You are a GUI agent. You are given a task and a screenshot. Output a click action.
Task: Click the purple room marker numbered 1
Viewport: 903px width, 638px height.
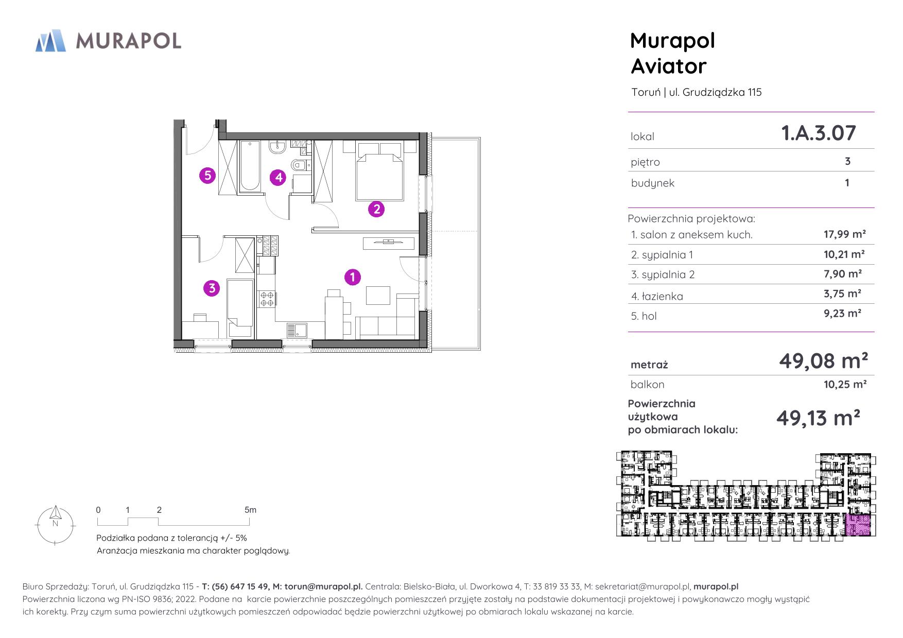(x=352, y=277)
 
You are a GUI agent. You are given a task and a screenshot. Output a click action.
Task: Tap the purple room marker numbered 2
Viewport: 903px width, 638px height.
(x=376, y=209)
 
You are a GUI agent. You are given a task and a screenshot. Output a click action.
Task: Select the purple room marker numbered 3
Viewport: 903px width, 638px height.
(x=212, y=288)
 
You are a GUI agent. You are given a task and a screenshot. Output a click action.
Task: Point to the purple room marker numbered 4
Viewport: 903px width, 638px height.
(x=278, y=178)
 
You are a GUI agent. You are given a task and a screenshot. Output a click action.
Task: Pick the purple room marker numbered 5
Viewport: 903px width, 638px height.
(x=207, y=176)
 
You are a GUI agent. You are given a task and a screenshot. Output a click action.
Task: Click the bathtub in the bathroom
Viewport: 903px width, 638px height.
(x=250, y=166)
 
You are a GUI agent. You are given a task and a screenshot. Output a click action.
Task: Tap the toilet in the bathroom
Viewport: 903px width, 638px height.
(x=300, y=165)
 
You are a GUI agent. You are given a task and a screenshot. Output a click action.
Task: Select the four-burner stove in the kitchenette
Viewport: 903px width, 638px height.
(x=267, y=299)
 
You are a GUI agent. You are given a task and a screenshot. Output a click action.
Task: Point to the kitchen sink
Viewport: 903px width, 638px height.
(x=298, y=330)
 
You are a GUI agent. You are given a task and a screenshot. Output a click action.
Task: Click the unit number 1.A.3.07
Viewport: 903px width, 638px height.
(x=819, y=133)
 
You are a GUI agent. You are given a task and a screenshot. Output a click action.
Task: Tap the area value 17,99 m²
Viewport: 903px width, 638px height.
(x=845, y=234)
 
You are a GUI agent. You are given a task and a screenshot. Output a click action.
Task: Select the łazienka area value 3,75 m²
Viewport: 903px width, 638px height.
(x=843, y=294)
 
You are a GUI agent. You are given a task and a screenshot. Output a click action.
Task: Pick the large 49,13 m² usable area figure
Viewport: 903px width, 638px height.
(x=818, y=418)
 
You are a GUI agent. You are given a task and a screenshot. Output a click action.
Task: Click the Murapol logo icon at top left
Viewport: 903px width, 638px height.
(x=50, y=41)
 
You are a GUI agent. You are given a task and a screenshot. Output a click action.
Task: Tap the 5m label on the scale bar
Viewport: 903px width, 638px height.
(x=250, y=510)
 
